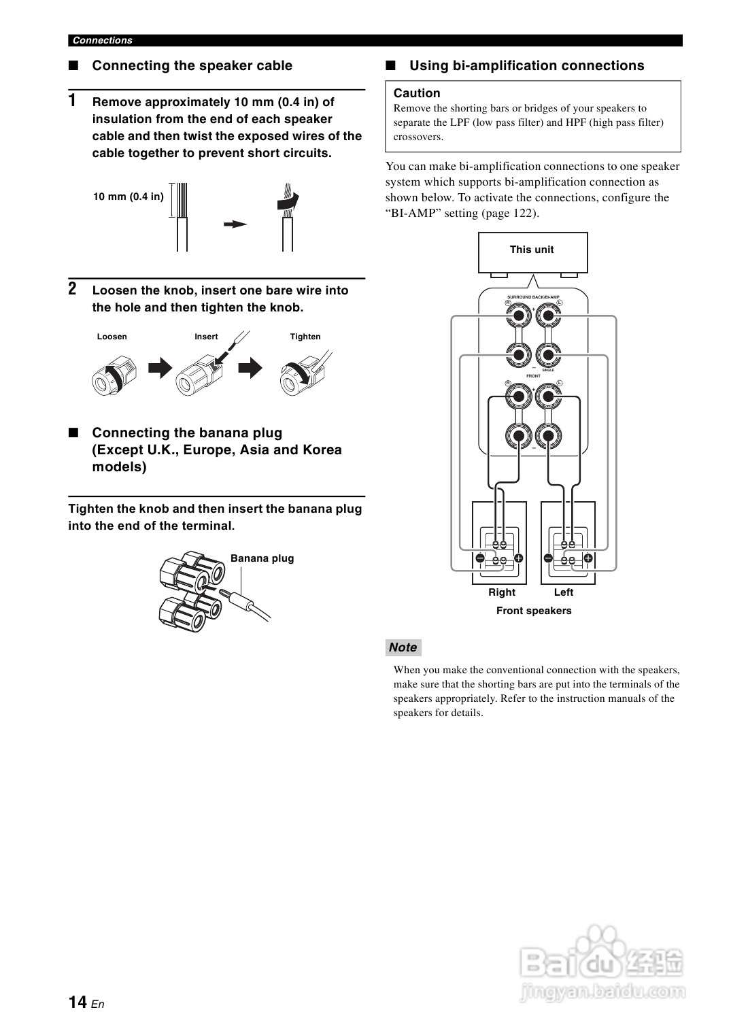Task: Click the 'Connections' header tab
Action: (102, 40)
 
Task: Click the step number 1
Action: (72, 101)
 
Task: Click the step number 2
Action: (72, 289)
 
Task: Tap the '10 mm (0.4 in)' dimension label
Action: (129, 197)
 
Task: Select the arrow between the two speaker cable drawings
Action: (235, 224)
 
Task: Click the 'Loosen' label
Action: (112, 337)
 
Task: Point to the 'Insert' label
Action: (206, 337)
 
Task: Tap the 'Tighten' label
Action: (305, 337)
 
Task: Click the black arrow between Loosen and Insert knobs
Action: (160, 369)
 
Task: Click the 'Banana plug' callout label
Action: (262, 558)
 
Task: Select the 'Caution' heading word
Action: (417, 93)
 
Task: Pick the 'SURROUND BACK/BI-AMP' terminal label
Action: (534, 297)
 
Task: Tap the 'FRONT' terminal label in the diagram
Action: (533, 376)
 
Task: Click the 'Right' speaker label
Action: (502, 592)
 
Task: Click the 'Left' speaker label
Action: (564, 592)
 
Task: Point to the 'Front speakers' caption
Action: (534, 611)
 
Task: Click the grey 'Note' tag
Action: (403, 647)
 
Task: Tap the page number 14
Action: (77, 1002)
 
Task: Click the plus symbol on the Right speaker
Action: (519, 558)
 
